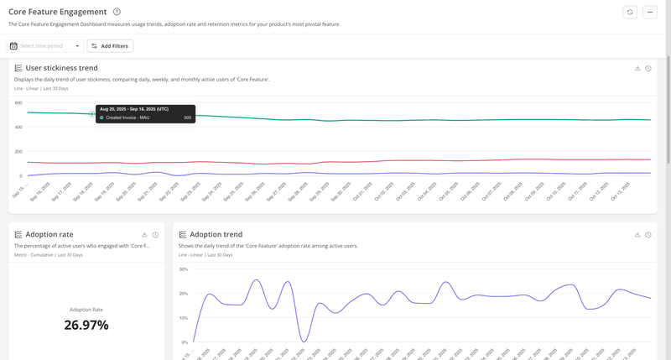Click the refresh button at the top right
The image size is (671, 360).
[x=630, y=12]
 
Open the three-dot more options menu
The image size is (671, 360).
[x=650, y=12]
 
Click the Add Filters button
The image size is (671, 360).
[x=110, y=46]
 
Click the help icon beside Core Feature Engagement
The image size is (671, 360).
[x=117, y=12]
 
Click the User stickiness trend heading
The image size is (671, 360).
[x=61, y=68]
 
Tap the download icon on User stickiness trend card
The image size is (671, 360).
[x=637, y=68]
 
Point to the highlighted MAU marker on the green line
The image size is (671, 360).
[x=91, y=113]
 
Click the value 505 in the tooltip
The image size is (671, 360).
[x=188, y=117]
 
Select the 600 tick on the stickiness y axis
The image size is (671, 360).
[x=18, y=102]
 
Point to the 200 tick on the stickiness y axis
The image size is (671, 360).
[x=18, y=152]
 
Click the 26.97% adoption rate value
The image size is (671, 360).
[x=86, y=325]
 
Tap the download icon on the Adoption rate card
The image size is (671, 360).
[x=145, y=235]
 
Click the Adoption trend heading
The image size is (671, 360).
[x=216, y=235]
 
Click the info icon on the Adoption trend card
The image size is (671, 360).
[x=648, y=235]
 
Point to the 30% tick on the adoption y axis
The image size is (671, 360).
[x=183, y=269]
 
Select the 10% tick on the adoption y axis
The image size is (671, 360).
[x=183, y=318]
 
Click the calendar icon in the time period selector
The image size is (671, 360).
[x=13, y=46]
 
